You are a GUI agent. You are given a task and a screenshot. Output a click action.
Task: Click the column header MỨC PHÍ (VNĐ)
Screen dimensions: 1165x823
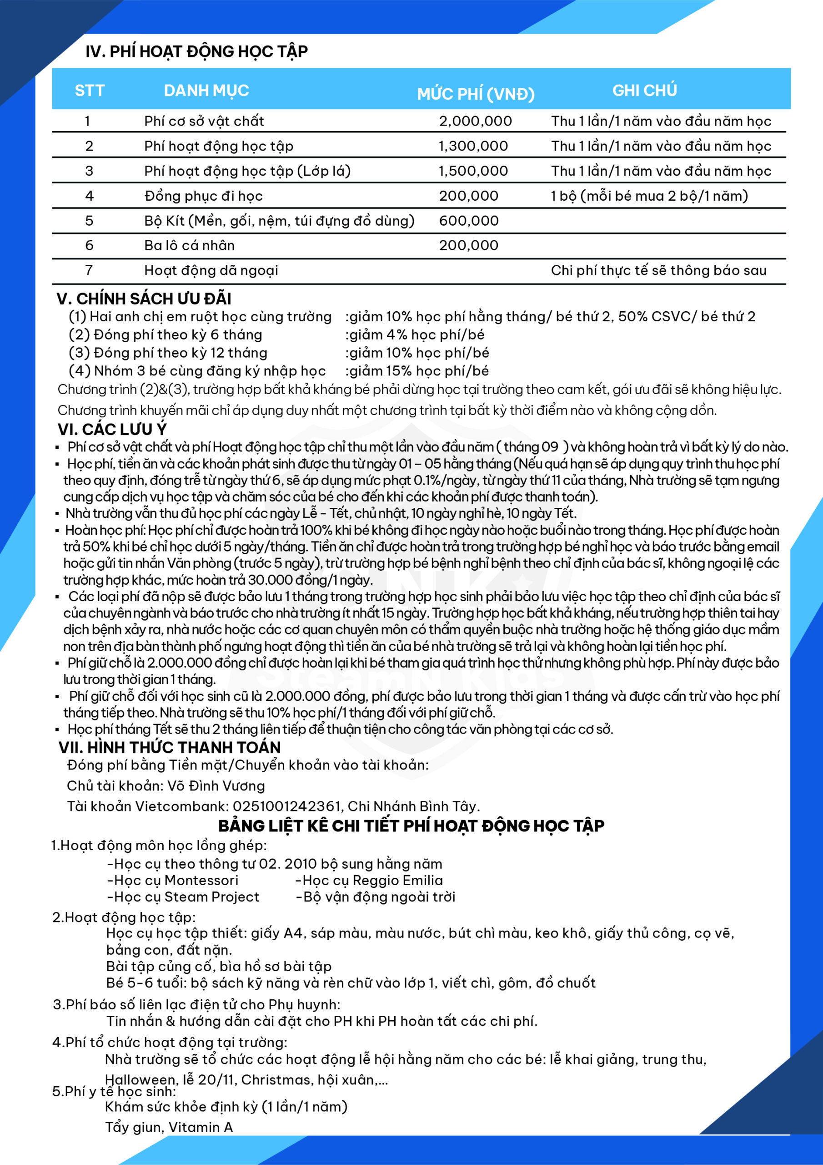[x=476, y=94]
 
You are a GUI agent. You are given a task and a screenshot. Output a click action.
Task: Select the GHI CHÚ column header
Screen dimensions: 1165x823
[x=644, y=90]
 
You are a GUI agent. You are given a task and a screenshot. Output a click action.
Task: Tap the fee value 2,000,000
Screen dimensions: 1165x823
[x=475, y=121]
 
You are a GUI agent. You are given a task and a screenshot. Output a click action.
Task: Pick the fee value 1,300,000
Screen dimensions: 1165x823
[x=473, y=146]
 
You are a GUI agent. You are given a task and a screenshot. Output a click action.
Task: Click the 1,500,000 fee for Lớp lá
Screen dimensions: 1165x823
[x=473, y=171]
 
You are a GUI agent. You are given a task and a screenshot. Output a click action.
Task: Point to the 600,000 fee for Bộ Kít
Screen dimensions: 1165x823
[x=468, y=221]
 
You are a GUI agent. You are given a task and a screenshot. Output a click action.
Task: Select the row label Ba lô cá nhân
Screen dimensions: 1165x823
[x=189, y=246]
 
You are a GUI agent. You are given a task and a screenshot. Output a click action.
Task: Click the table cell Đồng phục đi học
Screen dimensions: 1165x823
[x=203, y=196]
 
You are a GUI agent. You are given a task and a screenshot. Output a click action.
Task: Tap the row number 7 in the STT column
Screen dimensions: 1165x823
[x=89, y=270]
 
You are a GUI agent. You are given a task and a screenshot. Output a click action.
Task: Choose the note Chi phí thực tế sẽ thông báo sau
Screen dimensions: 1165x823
[x=658, y=270]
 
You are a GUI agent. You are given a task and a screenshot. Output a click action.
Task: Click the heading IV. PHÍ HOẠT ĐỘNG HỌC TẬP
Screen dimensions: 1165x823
[x=196, y=51]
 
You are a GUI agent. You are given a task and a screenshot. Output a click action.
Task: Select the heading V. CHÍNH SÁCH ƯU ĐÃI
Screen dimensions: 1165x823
[x=144, y=299]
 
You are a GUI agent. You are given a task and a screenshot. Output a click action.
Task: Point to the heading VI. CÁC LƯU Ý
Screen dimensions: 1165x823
[x=112, y=429]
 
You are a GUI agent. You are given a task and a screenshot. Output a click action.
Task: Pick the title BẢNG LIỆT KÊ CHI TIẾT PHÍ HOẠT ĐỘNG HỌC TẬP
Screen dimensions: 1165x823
[x=411, y=826]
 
